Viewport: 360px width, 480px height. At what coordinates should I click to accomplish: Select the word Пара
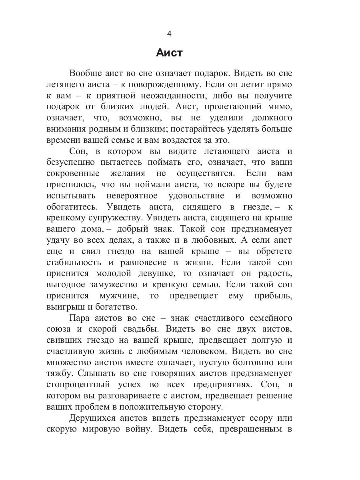(x=80, y=318)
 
